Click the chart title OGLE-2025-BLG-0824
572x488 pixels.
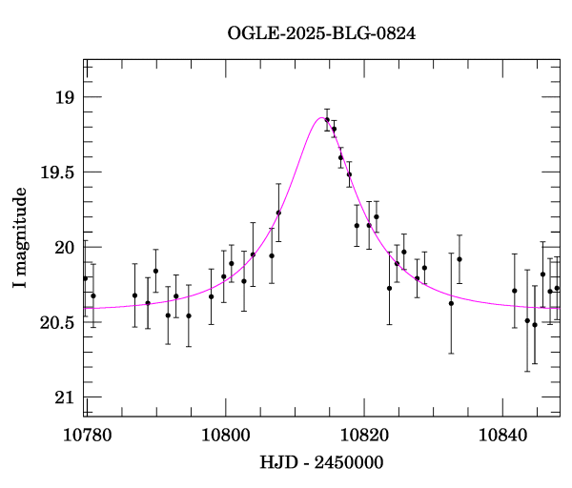click(321, 32)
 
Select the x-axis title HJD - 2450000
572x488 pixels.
click(321, 463)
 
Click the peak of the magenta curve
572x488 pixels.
click(321, 117)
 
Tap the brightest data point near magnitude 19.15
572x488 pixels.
click(327, 120)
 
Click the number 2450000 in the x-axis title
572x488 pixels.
click(351, 463)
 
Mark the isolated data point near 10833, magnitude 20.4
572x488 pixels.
click(451, 303)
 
